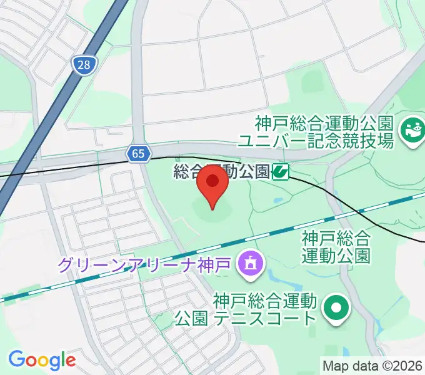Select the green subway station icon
pyautogui.click(x=280, y=171)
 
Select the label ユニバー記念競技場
pyautogui.click(x=319, y=141)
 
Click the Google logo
pyautogui.click(x=42, y=360)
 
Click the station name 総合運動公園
pyautogui.click(x=222, y=171)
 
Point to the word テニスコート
pyautogui.click(x=264, y=319)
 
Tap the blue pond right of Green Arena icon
pyautogui.click(x=278, y=274)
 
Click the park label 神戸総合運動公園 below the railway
pyautogui.click(x=336, y=246)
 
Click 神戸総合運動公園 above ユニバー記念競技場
pyautogui.click(x=322, y=121)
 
